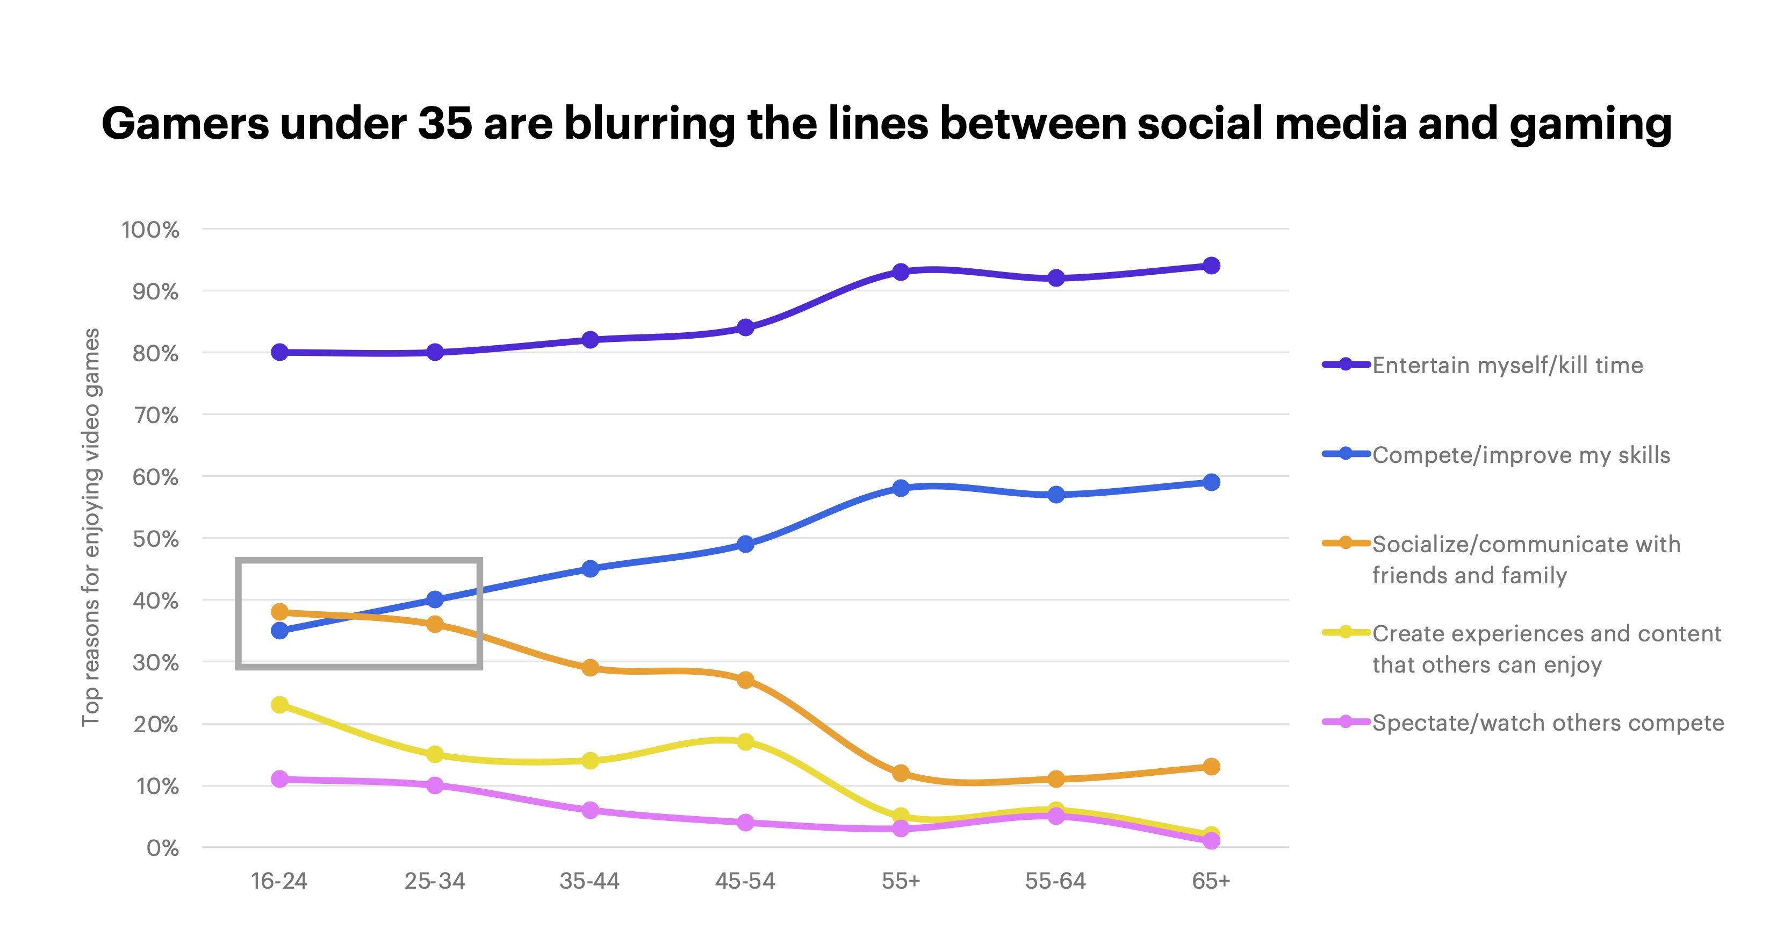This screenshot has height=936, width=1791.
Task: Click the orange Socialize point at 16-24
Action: click(279, 612)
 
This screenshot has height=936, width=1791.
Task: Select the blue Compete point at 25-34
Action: click(435, 599)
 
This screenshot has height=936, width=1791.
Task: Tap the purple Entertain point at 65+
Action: click(1211, 266)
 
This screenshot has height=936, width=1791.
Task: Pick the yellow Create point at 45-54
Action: click(745, 741)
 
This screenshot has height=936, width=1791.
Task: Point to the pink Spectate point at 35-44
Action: click(589, 810)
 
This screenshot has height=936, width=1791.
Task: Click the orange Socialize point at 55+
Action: click(901, 773)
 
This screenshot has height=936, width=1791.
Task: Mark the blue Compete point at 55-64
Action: click(1055, 495)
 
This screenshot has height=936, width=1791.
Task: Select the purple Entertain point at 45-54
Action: click(745, 327)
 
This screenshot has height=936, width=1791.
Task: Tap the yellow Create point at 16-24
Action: click(279, 704)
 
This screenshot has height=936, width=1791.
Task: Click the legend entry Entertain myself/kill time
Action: click(1507, 365)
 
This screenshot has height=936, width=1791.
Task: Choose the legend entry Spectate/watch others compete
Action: click(1547, 723)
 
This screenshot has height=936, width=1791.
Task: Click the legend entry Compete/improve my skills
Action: click(1521, 455)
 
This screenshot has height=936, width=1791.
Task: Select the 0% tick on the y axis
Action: click(163, 848)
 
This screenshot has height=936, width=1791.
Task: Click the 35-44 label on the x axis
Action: click(589, 881)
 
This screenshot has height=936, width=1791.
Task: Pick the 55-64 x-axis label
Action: click(1055, 881)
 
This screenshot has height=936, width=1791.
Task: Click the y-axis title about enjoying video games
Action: click(91, 527)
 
